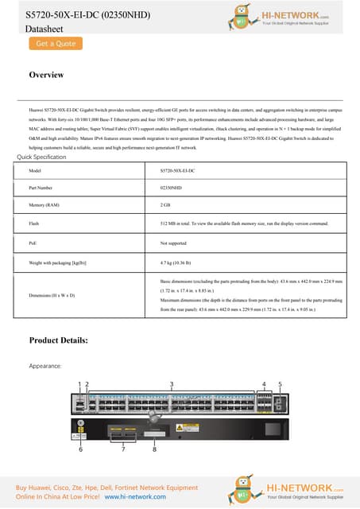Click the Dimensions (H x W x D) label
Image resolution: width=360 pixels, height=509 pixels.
click(52, 295)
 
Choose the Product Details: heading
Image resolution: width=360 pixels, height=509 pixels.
click(58, 340)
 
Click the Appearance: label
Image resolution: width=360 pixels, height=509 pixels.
click(46, 366)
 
